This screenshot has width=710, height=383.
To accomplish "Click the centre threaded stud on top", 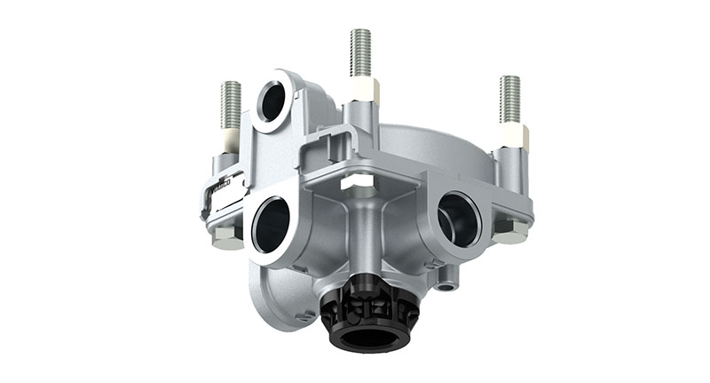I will click(x=360, y=52).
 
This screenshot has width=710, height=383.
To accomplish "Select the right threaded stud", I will click(x=510, y=97).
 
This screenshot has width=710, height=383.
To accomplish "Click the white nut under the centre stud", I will click(x=364, y=91).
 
